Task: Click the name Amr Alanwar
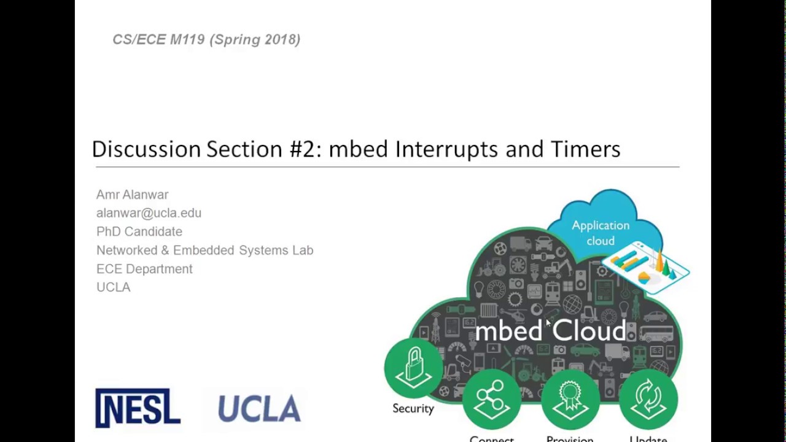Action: click(132, 195)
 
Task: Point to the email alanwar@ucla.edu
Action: click(149, 213)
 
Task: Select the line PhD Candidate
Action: click(139, 231)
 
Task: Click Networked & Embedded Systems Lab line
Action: click(204, 250)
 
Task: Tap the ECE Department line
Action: click(144, 269)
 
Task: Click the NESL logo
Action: click(138, 408)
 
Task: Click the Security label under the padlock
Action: click(413, 408)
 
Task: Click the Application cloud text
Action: click(601, 233)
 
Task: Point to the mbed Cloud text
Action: click(550, 331)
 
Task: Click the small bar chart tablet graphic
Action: click(645, 267)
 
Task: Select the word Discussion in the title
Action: click(146, 149)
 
